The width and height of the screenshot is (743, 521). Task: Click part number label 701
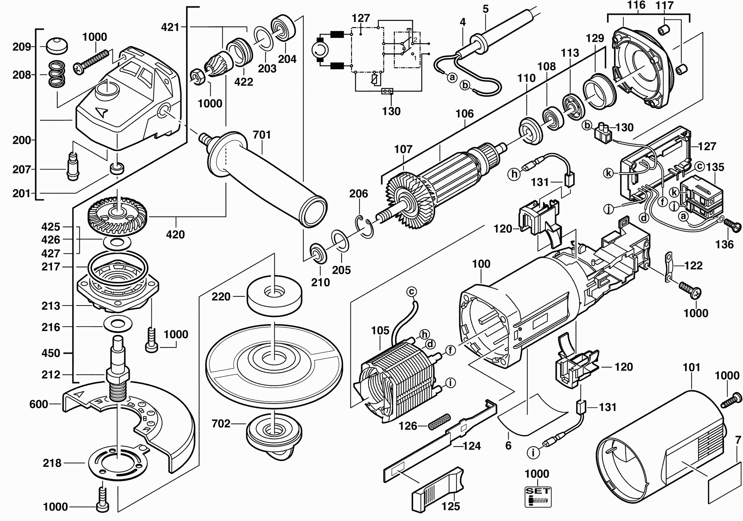262,135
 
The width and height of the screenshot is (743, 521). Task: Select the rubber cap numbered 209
56,46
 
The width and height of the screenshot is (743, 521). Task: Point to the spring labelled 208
57,75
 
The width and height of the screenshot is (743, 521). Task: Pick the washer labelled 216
118,325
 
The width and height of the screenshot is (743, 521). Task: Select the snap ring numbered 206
365,227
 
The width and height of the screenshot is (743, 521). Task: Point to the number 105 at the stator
380,331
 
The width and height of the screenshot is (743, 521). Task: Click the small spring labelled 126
439,422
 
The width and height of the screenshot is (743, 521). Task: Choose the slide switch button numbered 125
439,491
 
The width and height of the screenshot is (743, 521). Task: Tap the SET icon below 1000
537,497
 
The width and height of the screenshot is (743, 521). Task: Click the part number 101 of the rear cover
691,368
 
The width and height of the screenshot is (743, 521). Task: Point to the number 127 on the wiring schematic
361,18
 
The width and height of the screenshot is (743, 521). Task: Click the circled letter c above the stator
411,292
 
